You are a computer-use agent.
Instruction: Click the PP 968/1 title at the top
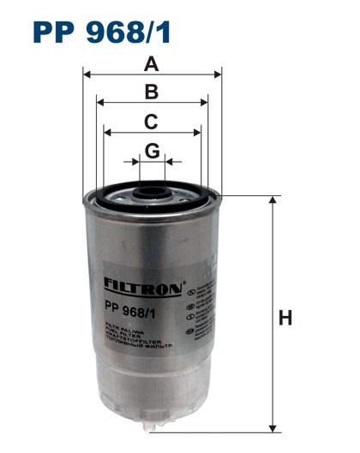102,32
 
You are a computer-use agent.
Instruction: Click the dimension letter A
152,64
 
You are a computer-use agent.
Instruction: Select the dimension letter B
152,92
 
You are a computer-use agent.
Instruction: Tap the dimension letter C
152,121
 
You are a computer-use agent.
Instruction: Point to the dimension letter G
152,151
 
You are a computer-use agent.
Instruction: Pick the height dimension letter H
285,319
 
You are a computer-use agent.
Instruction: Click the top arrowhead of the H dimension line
273,200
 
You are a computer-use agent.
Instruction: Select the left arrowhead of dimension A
87,75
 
